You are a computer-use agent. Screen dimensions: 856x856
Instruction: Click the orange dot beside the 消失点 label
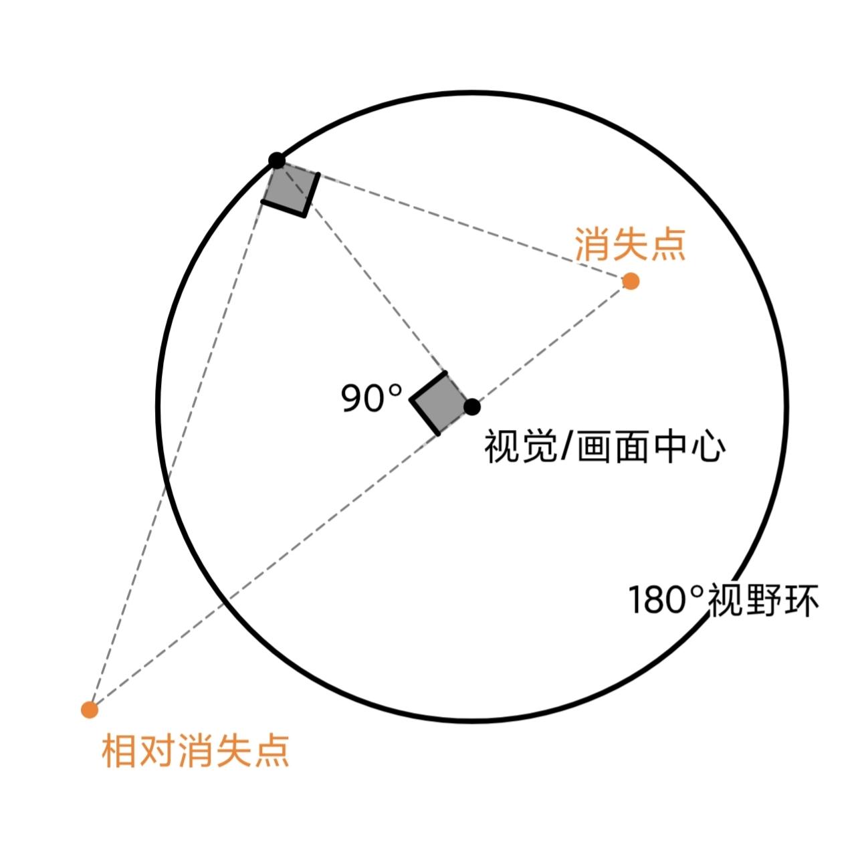point(630,281)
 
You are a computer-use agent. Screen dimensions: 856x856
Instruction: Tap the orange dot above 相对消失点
point(90,709)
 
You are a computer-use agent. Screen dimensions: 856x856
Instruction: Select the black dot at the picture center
point(472,406)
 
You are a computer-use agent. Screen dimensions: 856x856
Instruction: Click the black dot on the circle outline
point(276,160)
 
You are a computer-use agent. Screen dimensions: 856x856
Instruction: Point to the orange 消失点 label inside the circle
point(630,244)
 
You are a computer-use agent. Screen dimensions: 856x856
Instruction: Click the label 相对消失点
point(195,750)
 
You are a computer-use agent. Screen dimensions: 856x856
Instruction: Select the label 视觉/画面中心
point(604,447)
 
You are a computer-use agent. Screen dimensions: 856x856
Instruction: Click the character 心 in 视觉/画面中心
point(706,447)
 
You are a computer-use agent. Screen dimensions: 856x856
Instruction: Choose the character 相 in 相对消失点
point(120,750)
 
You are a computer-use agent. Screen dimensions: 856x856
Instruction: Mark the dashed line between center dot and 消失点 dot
point(551,344)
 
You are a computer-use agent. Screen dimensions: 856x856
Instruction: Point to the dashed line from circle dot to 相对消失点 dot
point(183,435)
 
